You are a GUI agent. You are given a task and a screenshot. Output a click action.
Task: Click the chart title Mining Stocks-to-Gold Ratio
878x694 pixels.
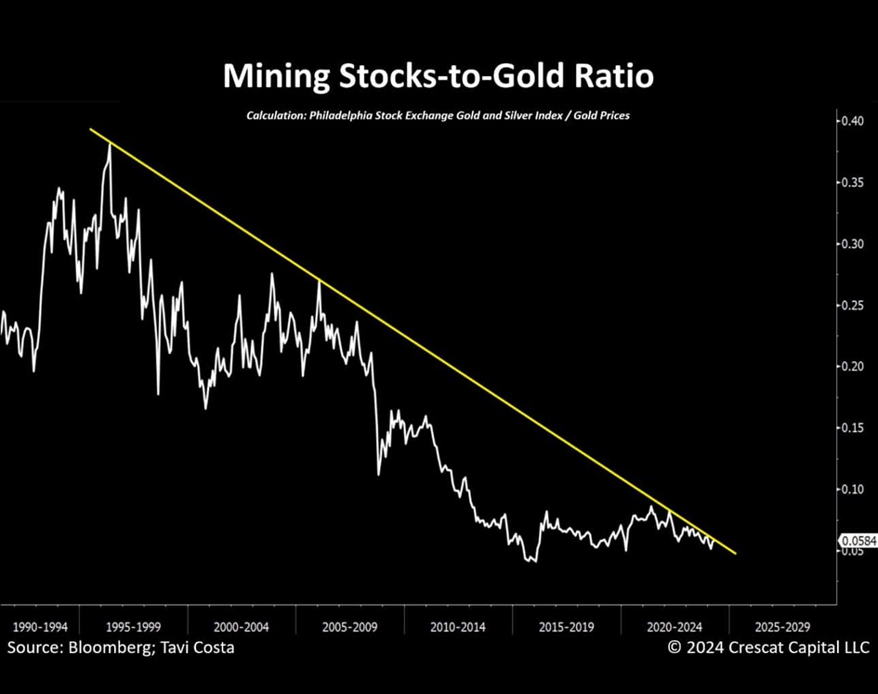pyautogui.click(x=438, y=76)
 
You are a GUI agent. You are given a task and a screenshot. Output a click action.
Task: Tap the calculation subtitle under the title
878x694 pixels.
pyautogui.click(x=438, y=116)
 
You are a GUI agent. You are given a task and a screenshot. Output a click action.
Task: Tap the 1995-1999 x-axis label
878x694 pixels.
pyautogui.click(x=133, y=626)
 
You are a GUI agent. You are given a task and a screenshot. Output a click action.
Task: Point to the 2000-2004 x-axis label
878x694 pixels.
pyautogui.click(x=242, y=626)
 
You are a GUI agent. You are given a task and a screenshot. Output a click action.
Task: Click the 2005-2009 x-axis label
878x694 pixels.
pyautogui.click(x=350, y=626)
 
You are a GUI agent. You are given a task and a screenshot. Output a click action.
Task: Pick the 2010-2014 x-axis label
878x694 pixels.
pyautogui.click(x=458, y=626)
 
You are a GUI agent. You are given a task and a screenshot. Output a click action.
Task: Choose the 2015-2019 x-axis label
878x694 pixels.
pyautogui.click(x=567, y=626)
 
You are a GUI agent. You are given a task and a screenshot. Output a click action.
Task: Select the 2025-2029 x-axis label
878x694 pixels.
pyautogui.click(x=783, y=626)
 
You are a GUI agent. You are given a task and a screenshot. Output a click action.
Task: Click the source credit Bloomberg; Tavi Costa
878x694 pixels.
pyautogui.click(x=121, y=648)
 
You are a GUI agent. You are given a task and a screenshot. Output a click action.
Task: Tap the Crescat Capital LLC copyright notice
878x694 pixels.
pyautogui.click(x=768, y=648)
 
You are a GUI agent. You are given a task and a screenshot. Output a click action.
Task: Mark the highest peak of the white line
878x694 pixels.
pyautogui.click(x=110, y=145)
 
